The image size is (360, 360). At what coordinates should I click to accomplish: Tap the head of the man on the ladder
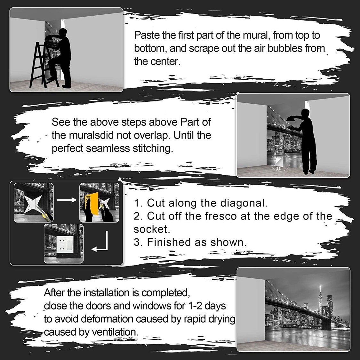pos(63,32)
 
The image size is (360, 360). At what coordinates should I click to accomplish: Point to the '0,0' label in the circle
pos(278,169)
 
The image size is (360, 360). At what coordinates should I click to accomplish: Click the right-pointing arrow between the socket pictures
pos(67,200)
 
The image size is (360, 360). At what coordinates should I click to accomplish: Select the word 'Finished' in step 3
pos(169,242)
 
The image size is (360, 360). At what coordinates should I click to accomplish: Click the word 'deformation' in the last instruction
pos(107,319)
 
